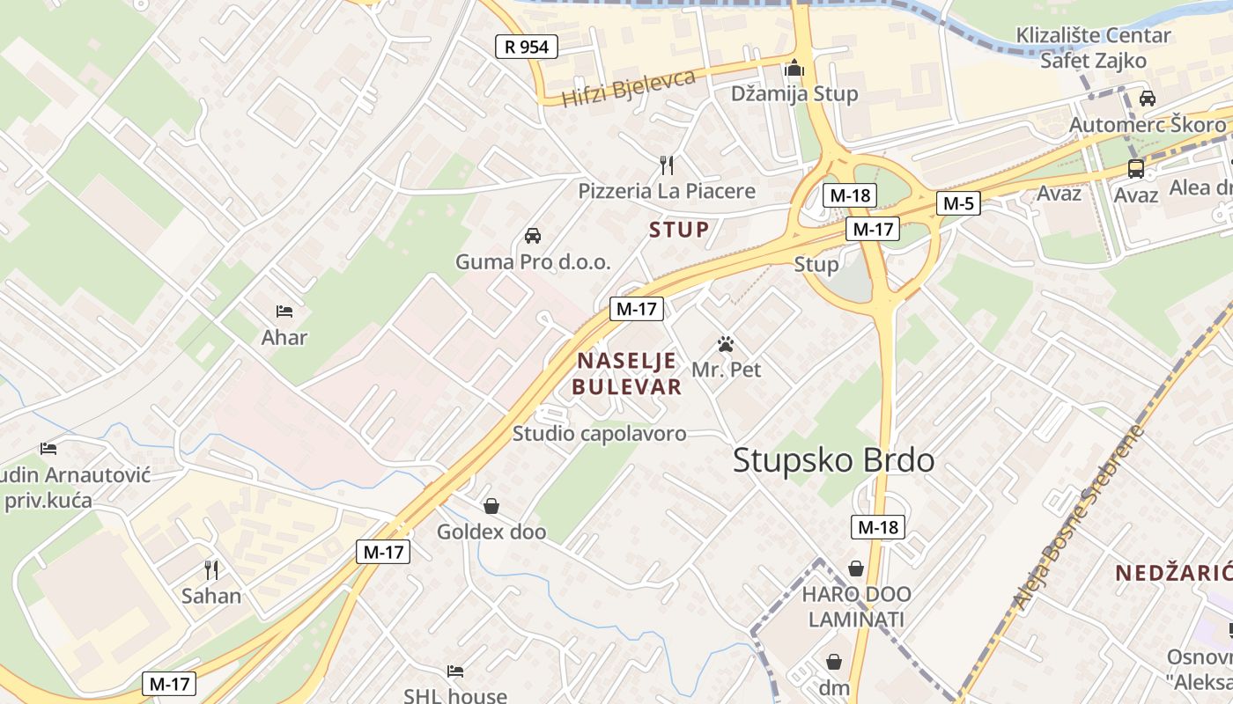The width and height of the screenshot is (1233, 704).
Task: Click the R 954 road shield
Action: (527, 47)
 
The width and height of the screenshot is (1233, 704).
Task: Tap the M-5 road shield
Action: (957, 203)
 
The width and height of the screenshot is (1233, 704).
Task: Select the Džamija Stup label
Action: (794, 94)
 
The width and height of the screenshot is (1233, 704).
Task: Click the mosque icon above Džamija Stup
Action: (794, 67)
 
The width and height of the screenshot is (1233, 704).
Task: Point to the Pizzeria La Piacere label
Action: (667, 191)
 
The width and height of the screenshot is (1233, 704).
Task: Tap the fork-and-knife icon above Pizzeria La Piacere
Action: (667, 165)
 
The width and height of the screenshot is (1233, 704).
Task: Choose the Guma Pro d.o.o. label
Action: (532, 262)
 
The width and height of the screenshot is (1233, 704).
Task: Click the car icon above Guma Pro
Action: (532, 236)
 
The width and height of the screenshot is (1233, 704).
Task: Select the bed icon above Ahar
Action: (284, 312)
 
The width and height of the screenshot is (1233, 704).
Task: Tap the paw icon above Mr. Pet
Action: (726, 344)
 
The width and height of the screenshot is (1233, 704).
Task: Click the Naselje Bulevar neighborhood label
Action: (626, 373)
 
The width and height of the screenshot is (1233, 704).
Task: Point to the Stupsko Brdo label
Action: (833, 459)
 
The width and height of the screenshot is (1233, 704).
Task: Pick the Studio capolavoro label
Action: (599, 433)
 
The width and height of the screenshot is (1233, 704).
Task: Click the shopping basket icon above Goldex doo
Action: (491, 506)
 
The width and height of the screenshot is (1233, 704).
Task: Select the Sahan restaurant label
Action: (211, 596)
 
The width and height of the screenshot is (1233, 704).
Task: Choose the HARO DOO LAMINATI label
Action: (856, 606)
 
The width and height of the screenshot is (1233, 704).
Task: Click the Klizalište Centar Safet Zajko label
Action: (1093, 48)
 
